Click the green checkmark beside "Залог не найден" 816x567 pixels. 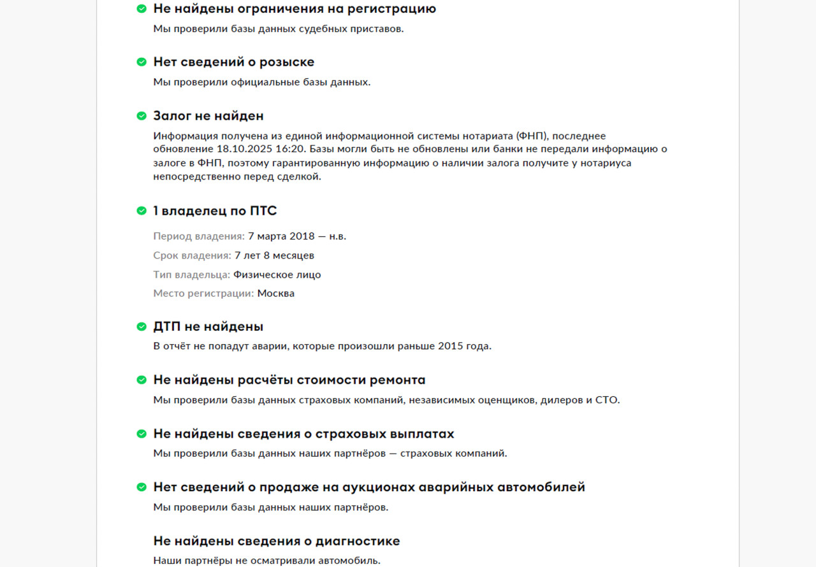coord(142,116)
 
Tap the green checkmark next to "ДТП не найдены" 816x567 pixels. coord(142,327)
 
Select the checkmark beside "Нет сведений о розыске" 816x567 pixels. coord(142,62)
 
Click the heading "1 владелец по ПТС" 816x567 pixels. coord(215,211)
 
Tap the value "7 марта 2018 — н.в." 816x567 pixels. coord(297,236)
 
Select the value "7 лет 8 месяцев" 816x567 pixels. coord(274,255)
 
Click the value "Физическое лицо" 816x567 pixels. coord(277,275)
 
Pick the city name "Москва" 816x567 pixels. coord(276,294)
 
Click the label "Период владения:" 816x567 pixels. coord(199,236)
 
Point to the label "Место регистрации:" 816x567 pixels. coord(203,294)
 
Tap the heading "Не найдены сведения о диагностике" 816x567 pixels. coord(277,541)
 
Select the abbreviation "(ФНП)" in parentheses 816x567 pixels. coord(530,136)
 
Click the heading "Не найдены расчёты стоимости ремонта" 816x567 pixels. coord(289,380)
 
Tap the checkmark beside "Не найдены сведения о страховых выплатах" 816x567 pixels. coord(142,434)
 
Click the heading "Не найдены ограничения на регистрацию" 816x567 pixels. coord(295,9)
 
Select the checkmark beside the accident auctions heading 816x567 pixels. coord(142,487)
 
